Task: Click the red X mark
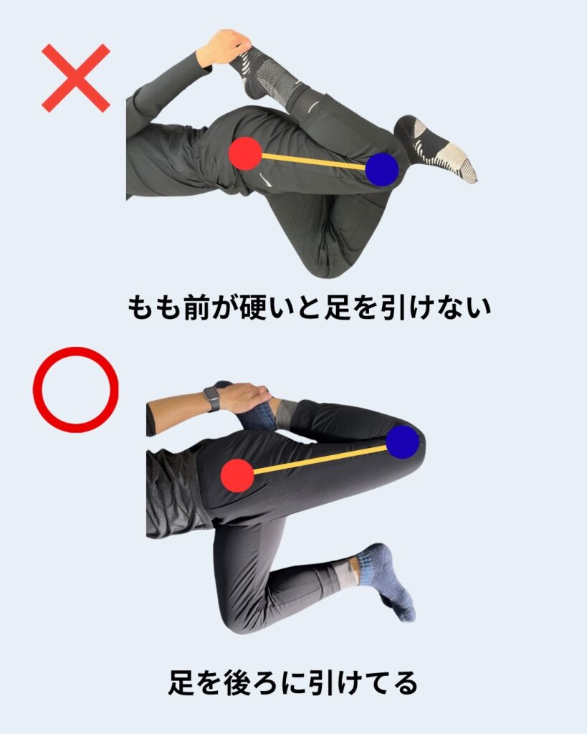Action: pos(76,78)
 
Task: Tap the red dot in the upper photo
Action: pos(245,153)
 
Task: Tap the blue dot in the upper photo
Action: pos(382,170)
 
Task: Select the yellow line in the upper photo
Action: pos(314,161)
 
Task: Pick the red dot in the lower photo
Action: pos(237,475)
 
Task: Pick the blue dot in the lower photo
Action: pos(403,442)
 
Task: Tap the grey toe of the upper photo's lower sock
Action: pos(460,163)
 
